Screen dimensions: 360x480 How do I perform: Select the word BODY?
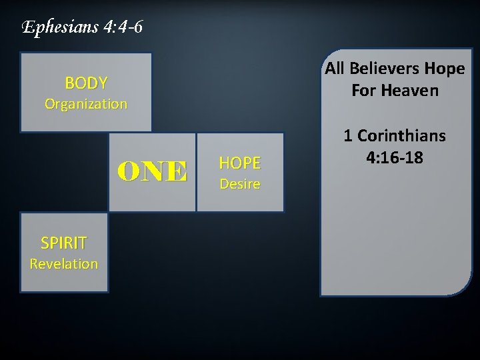[86, 83]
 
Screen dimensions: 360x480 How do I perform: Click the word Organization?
[86, 104]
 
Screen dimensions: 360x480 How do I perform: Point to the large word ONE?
[153, 172]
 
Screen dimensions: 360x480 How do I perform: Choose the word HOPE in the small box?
[240, 163]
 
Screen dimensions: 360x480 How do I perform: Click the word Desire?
[240, 183]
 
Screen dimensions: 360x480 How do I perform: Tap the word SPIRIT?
[64, 243]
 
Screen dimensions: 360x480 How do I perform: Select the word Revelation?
[64, 263]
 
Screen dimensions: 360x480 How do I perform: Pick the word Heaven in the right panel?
[409, 89]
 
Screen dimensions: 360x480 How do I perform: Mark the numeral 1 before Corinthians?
[348, 136]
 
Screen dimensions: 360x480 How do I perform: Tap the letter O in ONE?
[129, 172]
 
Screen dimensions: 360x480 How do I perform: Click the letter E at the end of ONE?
[177, 172]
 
